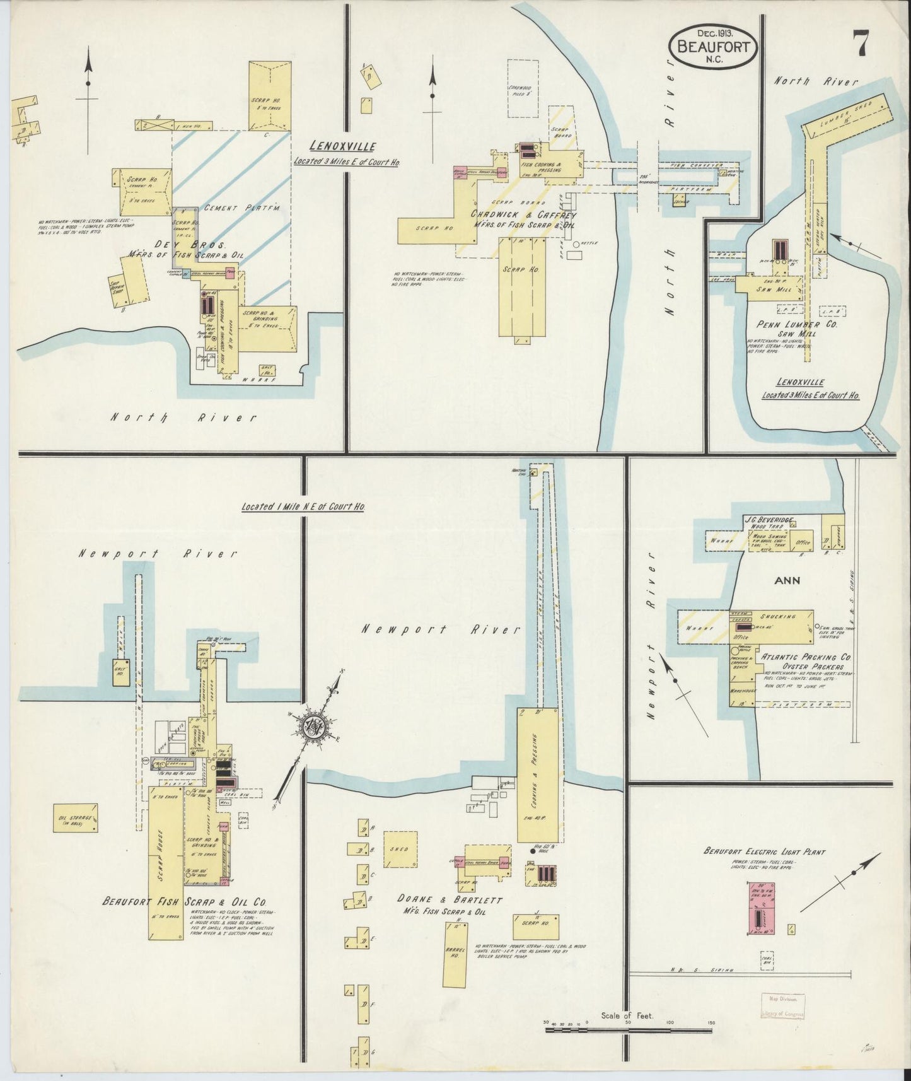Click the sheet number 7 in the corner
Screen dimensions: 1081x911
point(862,44)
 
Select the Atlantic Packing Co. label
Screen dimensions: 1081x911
point(806,657)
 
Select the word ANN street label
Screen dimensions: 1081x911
point(787,581)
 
